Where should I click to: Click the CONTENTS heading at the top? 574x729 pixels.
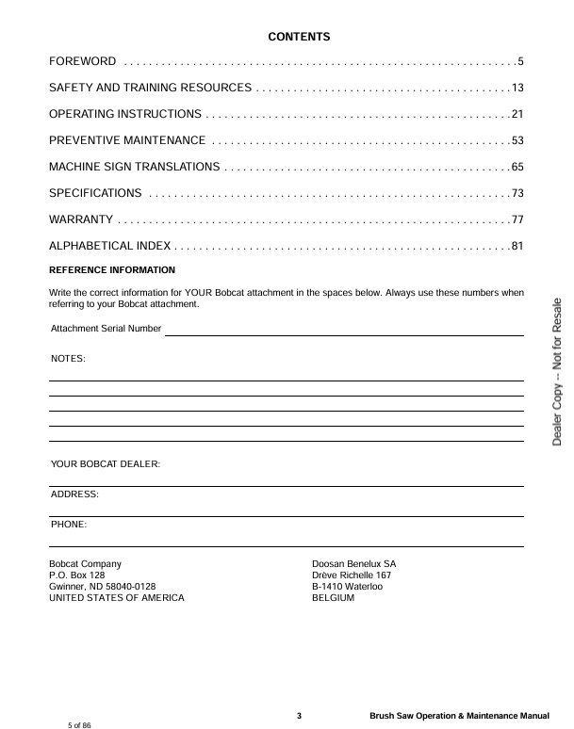[299, 37]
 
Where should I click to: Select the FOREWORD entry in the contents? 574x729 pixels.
[83, 62]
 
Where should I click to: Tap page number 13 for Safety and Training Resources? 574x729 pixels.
[517, 89]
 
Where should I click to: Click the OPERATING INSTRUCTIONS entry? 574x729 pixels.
[124, 115]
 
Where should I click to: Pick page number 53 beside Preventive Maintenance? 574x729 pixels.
[517, 141]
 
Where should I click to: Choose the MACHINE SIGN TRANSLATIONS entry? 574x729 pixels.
[135, 168]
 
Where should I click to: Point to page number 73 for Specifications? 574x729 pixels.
[517, 194]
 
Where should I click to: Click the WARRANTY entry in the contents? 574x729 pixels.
[81, 220]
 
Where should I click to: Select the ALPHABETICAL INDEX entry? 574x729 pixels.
[109, 247]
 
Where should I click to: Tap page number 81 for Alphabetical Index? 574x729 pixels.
[517, 247]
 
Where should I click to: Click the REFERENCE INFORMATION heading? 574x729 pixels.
[111, 270]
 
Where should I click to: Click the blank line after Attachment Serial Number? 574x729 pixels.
[344, 331]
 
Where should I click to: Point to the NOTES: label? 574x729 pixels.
[67, 359]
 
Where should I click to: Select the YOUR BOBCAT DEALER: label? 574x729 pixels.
[106, 464]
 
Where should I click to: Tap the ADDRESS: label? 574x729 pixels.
[74, 494]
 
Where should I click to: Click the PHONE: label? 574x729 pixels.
[69, 524]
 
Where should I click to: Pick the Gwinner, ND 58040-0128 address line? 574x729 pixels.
[102, 587]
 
